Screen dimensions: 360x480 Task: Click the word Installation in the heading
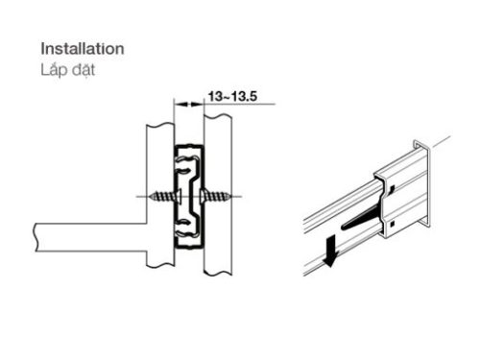click(82, 47)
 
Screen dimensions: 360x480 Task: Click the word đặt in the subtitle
click(84, 69)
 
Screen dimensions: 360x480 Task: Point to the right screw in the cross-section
click(219, 197)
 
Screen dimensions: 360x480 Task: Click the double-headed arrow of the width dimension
click(188, 104)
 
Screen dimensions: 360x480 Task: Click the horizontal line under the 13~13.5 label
click(235, 104)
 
